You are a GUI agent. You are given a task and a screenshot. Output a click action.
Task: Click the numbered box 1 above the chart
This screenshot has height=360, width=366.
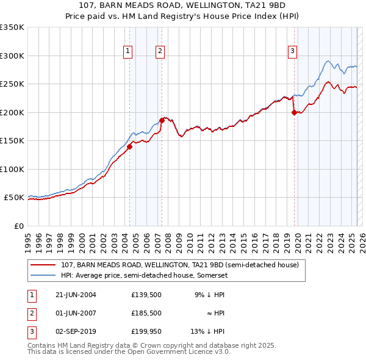[128, 52]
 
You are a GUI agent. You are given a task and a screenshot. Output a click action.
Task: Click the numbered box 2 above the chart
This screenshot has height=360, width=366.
[160, 52]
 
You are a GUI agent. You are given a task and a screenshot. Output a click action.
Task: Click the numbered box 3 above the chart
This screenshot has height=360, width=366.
[293, 52]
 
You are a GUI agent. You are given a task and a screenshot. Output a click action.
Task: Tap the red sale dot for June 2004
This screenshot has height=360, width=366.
[129, 146]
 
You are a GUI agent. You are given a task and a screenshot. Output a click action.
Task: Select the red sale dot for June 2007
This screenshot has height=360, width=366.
[162, 120]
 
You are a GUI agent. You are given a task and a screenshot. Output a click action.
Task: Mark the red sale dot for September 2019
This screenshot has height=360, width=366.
[294, 112]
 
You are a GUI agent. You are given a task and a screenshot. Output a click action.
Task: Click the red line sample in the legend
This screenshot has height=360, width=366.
[43, 265]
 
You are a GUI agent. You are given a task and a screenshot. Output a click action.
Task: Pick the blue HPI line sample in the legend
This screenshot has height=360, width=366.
[43, 276]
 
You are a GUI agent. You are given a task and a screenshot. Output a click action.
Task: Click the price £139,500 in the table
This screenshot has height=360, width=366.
[147, 294]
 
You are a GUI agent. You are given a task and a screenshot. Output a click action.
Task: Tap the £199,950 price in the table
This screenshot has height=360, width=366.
[147, 331]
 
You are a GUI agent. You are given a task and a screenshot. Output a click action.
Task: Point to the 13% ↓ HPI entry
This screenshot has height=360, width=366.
[207, 331]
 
